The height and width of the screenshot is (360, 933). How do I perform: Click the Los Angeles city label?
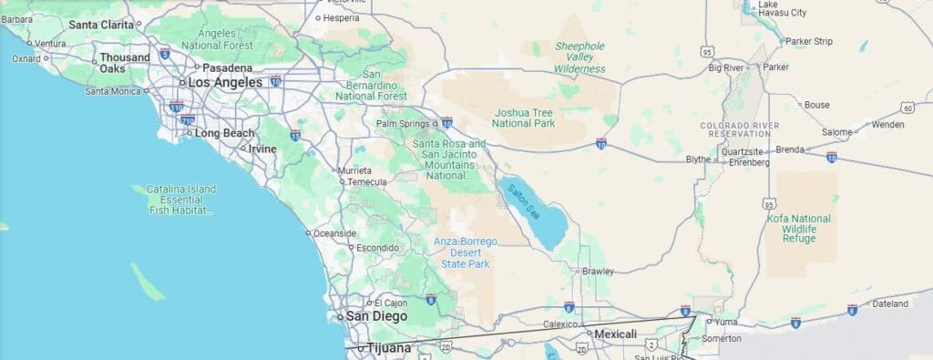click(225, 82)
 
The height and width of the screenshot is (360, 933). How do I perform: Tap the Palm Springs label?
click(402, 123)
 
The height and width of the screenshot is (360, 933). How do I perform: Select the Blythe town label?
click(698, 159)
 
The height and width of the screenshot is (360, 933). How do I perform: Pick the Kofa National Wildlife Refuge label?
click(799, 228)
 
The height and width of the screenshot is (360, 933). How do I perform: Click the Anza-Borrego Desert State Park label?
click(465, 252)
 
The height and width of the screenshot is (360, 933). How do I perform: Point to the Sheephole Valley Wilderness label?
click(580, 57)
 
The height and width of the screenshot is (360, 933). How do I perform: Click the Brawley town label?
click(598, 271)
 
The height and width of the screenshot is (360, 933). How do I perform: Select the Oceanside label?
click(334, 233)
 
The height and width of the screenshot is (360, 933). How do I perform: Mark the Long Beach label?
click(225, 133)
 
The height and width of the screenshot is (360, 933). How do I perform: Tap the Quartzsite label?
click(740, 151)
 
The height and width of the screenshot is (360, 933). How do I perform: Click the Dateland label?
click(890, 303)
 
